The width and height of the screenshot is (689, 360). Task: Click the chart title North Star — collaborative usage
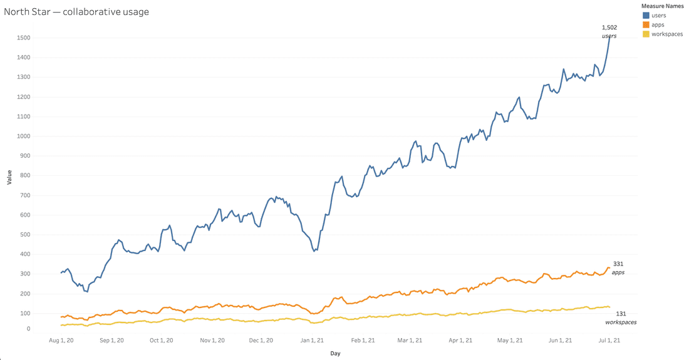(76, 11)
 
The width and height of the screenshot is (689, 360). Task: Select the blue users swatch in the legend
(646, 15)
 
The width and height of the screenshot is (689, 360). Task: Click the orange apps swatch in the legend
(646, 24)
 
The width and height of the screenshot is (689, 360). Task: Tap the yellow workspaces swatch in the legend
(646, 34)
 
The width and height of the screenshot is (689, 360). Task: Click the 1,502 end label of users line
(609, 28)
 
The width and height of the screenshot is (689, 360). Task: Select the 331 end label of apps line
(618, 264)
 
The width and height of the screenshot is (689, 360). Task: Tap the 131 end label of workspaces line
(621, 314)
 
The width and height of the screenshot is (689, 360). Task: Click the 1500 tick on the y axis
(24, 38)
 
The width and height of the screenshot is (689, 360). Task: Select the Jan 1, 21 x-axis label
(311, 341)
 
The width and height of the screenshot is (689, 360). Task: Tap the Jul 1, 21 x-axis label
(608, 341)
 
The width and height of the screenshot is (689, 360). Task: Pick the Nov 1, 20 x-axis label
(213, 341)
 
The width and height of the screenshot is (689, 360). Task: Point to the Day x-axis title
(336, 354)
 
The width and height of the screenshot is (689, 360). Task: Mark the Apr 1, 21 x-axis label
(460, 341)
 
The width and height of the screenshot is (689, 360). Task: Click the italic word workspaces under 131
(621, 322)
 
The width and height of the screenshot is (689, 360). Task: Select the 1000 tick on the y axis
(24, 136)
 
